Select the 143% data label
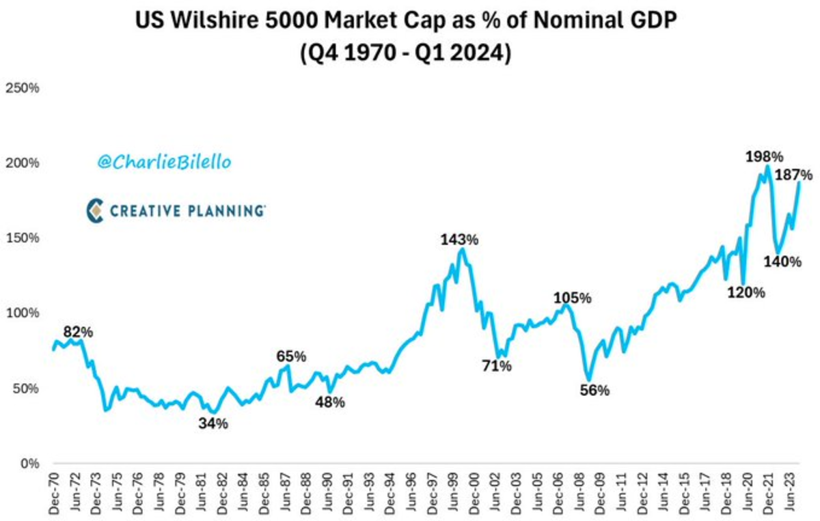click(x=459, y=240)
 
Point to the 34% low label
click(x=214, y=423)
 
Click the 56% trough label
click(x=594, y=391)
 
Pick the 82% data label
click(x=78, y=332)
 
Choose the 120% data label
click(x=746, y=292)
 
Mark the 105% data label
click(x=572, y=298)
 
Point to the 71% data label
click(x=496, y=366)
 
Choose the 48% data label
click(x=330, y=402)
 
